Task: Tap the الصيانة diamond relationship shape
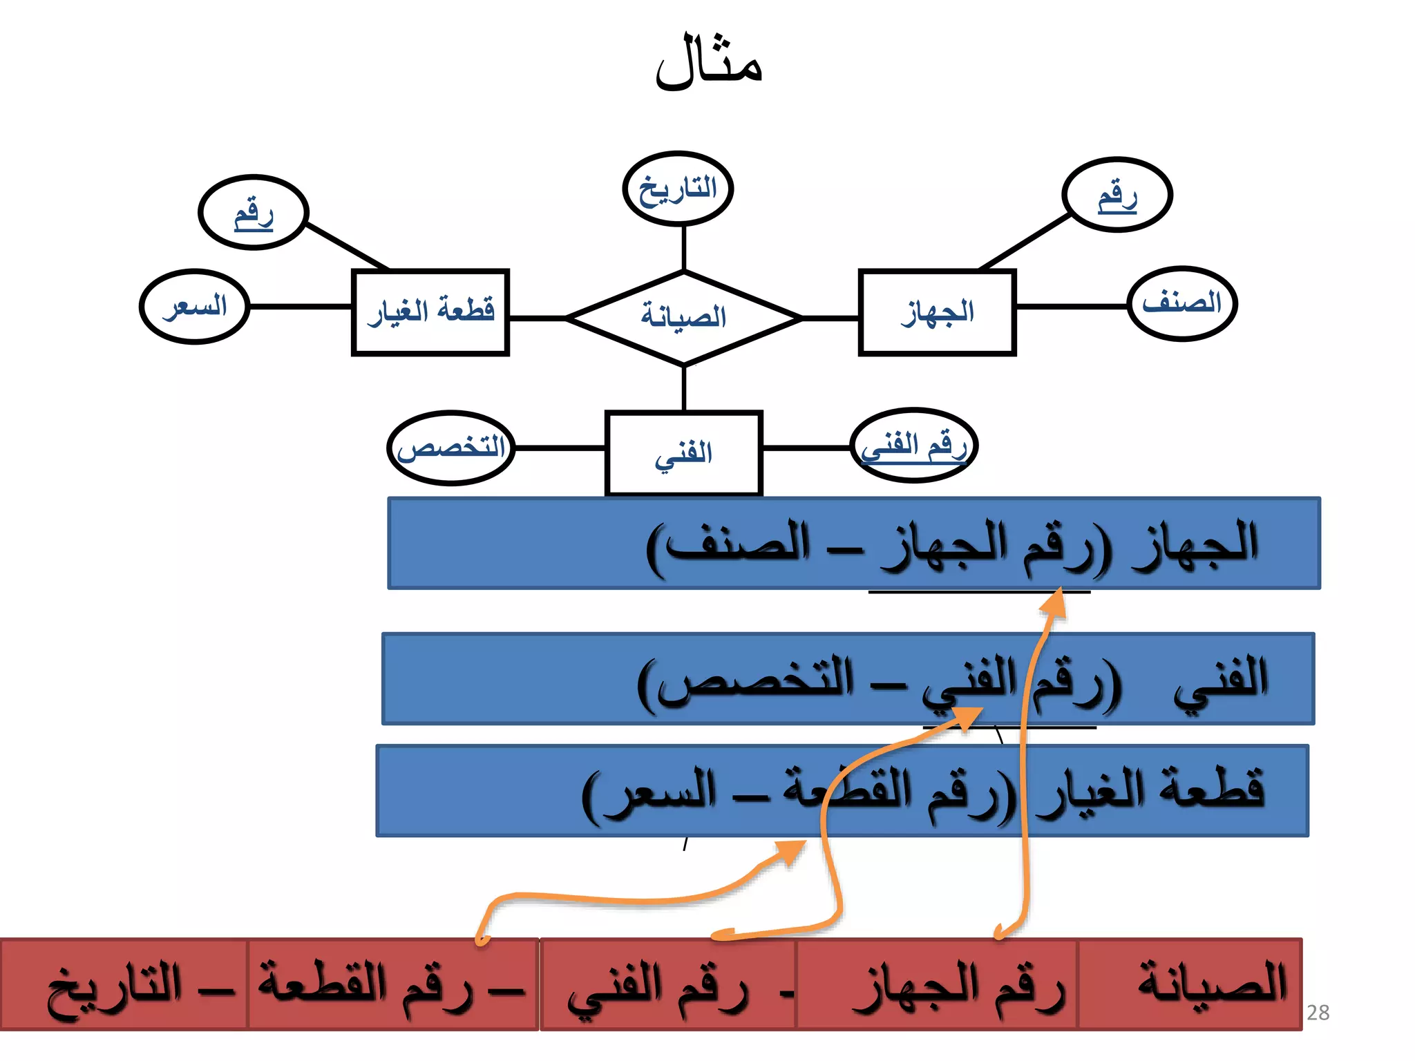(x=683, y=317)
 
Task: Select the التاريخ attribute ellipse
(x=677, y=189)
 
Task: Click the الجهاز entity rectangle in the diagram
(x=937, y=312)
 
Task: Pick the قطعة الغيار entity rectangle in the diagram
(x=430, y=312)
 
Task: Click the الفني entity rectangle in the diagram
(x=683, y=453)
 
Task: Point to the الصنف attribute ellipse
(x=1181, y=303)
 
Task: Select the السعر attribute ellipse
(x=195, y=306)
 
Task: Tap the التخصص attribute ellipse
(x=451, y=448)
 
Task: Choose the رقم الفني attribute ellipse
(x=913, y=446)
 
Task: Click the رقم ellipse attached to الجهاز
(x=1117, y=195)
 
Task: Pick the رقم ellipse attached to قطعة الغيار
(x=253, y=212)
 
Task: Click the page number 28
(x=1318, y=1013)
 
